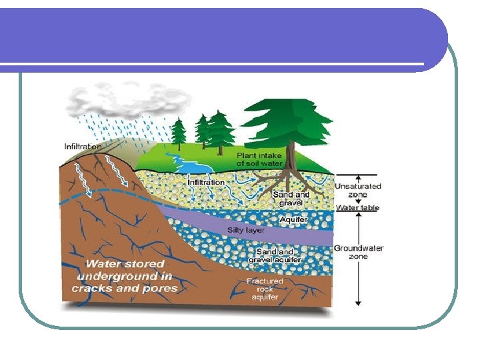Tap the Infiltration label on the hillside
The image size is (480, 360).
point(83,146)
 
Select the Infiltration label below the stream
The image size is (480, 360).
point(206,182)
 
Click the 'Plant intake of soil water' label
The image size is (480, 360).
point(260,159)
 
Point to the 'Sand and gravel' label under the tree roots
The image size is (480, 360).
point(291,199)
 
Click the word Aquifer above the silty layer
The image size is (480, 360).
point(293,219)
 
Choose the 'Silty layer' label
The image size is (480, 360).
point(246,230)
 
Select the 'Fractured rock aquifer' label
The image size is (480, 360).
point(265,289)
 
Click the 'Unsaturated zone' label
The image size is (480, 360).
point(358,190)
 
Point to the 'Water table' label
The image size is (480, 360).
point(357,208)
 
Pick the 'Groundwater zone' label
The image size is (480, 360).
point(359,252)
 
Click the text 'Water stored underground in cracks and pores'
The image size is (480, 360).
point(125,276)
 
